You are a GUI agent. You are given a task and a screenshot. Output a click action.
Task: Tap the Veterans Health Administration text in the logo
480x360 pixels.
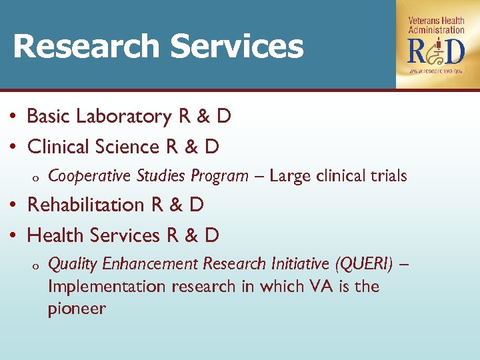coord(437,25)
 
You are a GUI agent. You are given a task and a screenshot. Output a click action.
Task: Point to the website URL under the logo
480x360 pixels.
coord(436,70)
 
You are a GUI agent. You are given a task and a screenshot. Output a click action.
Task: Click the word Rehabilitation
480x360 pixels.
coord(87,205)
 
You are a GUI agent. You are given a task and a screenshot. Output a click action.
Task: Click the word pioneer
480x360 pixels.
coord(76,309)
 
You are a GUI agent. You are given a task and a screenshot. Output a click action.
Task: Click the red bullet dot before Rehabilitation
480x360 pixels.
coord(14,205)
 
